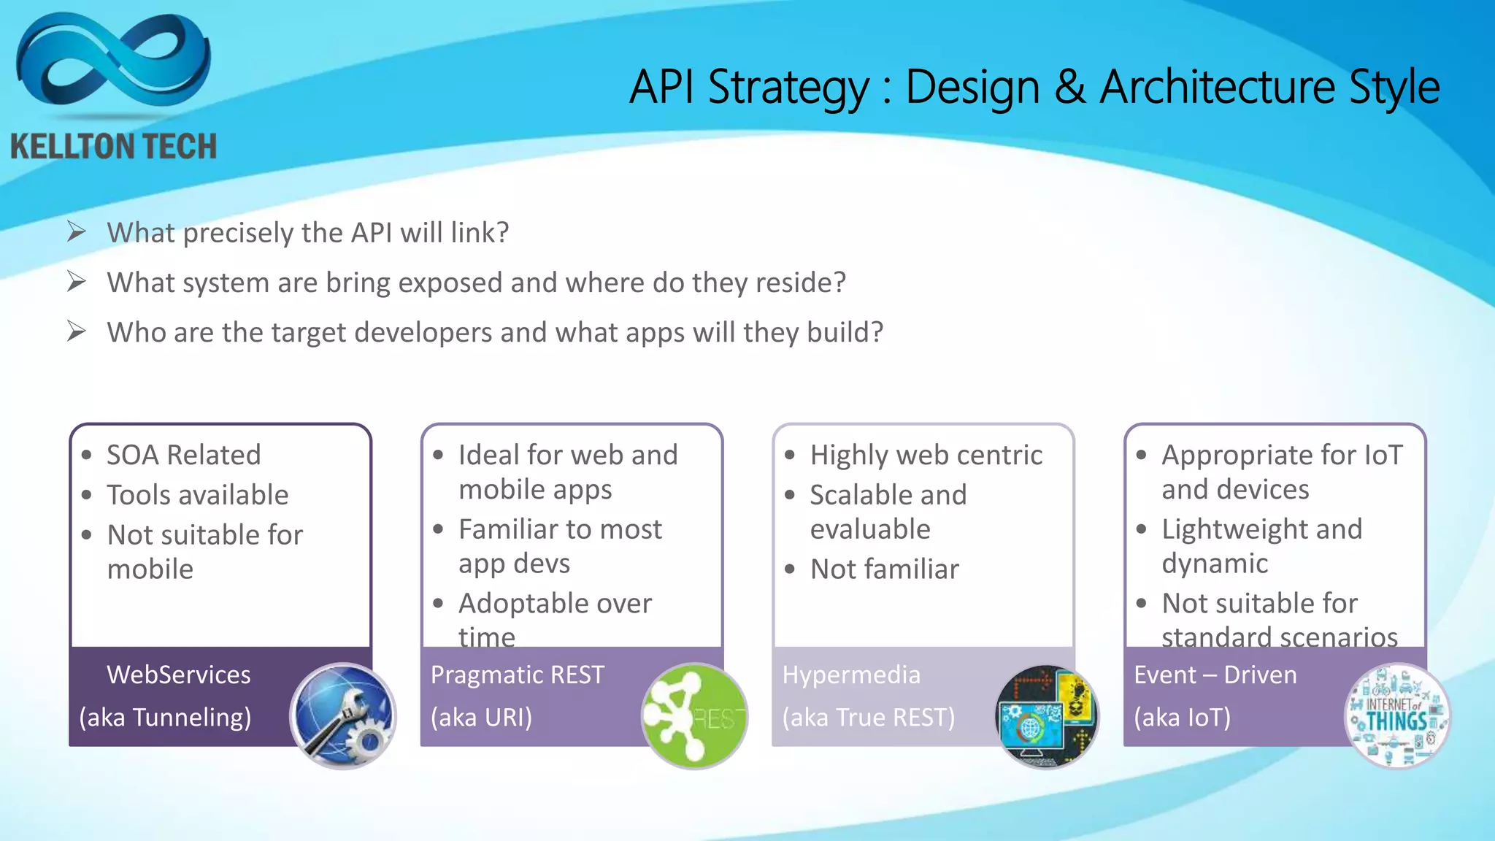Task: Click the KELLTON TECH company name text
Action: click(113, 147)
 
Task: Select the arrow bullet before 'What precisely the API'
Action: click(77, 232)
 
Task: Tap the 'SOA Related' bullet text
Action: click(183, 456)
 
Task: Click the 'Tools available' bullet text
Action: click(197, 496)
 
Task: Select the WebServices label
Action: click(178, 675)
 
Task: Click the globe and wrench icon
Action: click(342, 716)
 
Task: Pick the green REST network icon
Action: click(693, 716)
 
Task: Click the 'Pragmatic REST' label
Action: click(517, 675)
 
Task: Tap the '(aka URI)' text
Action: click(481, 718)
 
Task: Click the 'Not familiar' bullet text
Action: click(884, 569)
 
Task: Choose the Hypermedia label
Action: click(851, 675)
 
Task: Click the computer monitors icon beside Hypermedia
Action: click(1046, 716)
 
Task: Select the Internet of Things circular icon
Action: click(1396, 716)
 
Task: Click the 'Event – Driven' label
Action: click(1215, 675)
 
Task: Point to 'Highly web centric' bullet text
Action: click(926, 456)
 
